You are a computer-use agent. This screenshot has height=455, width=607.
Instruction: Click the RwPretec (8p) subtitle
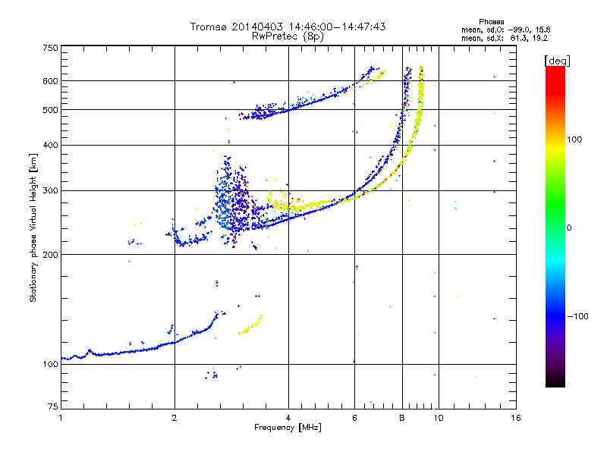288,36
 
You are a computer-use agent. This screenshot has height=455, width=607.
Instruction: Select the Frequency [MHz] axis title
288,428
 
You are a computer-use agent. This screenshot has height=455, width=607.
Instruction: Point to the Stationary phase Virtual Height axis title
33,228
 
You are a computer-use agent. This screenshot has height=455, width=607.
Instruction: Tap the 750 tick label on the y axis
51,48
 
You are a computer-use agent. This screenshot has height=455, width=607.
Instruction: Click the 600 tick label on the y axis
51,81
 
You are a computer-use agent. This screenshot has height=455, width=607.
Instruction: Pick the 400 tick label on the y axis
51,146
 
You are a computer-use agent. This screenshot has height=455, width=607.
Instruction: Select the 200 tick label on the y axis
51,255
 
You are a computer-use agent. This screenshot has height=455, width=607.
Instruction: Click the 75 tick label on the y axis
53,406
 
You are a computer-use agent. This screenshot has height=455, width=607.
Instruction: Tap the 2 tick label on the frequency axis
175,418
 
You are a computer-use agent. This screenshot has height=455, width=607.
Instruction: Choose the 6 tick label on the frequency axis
354,418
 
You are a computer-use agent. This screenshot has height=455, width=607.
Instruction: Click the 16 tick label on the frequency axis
516,418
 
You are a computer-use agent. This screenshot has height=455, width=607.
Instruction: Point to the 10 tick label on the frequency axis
439,418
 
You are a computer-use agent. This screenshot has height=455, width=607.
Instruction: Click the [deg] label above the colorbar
557,61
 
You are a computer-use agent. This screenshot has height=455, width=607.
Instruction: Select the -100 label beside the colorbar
577,316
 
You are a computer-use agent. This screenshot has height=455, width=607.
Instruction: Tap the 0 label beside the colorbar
569,228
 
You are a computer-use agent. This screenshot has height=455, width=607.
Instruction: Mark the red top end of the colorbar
555,67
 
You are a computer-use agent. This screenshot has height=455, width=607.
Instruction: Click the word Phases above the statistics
491,22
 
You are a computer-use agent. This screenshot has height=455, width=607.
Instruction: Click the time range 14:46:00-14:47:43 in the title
337,27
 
